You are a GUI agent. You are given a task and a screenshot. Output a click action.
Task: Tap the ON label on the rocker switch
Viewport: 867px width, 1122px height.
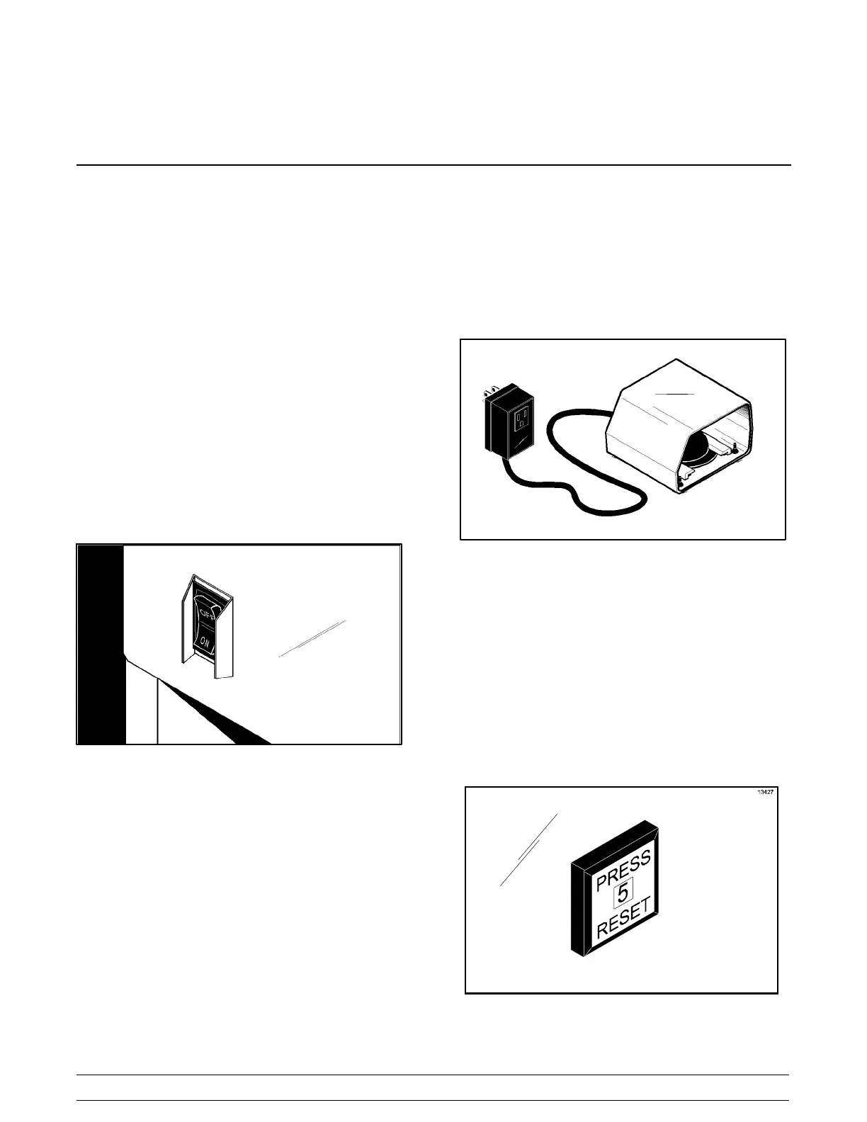coord(205,642)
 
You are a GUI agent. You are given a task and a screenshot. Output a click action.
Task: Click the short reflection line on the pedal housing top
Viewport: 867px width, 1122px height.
coord(673,393)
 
